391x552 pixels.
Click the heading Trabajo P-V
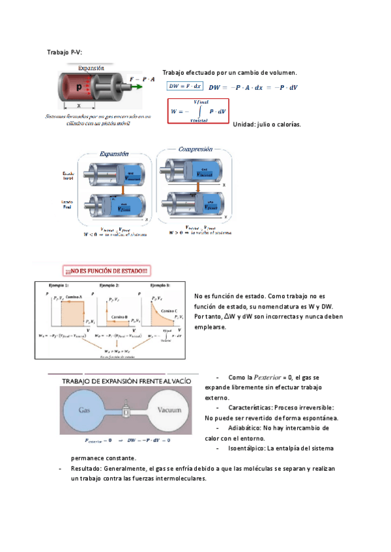pos(65,51)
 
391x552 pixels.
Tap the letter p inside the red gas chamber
pos(80,87)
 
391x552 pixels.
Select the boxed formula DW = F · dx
pos(185,86)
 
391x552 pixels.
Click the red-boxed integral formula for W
pos(198,111)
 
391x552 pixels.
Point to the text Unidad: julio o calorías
pos(267,124)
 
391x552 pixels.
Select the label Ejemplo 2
pos(109,286)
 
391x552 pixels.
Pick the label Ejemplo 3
pos(160,286)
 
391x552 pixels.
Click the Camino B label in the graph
pos(118,316)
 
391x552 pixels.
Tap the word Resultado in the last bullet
pos(86,468)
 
